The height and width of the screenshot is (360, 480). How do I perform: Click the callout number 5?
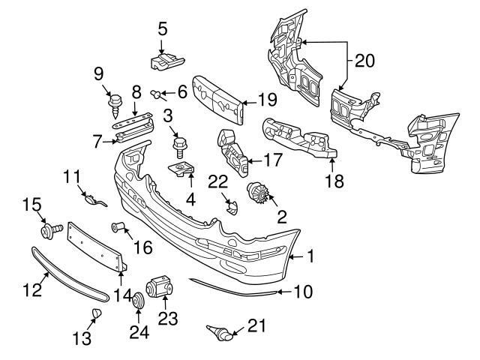pos(163,29)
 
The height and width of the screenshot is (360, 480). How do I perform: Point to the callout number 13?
pos(85,339)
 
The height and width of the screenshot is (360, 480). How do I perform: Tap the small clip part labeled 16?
pos(116,226)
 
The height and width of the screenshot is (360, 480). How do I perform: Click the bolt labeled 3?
pos(179,142)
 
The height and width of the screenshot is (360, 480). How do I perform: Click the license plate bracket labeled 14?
pos(97,244)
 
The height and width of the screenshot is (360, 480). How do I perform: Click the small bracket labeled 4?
pos(182,170)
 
